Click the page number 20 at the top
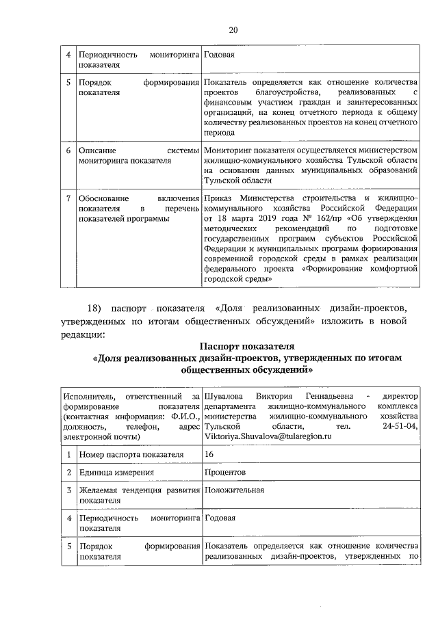(x=233, y=30)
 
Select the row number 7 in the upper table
(x=68, y=198)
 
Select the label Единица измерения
(x=116, y=472)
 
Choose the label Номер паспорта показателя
(x=131, y=453)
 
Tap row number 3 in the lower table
(x=68, y=490)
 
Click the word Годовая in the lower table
(x=219, y=518)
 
